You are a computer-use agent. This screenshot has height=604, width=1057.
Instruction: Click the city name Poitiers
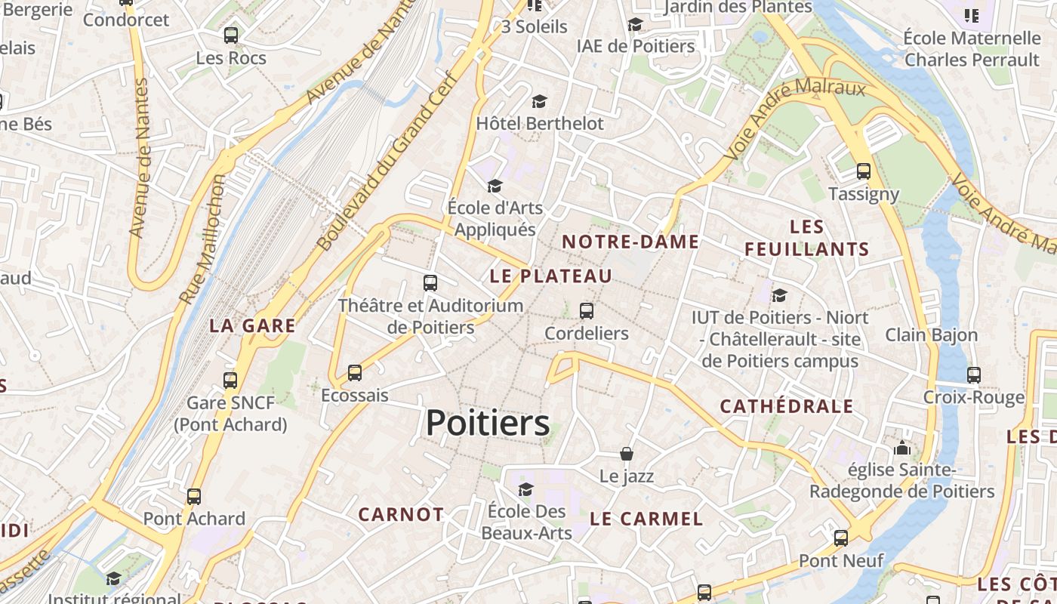pos(488,423)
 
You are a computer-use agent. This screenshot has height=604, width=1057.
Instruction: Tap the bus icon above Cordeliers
pos(586,310)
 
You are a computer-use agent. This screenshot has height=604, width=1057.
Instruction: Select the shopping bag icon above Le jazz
pos(627,454)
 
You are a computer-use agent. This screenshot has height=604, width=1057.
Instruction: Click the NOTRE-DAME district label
pos(631,242)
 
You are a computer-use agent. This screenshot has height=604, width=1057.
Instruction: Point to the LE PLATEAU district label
pos(551,276)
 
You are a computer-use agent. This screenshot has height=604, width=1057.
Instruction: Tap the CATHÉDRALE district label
pos(787,406)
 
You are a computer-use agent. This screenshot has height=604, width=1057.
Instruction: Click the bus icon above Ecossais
pos(354,372)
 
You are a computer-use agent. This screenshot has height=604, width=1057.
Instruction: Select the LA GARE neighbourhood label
pos(252,325)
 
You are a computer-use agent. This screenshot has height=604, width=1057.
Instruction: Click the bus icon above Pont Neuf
pos(840,538)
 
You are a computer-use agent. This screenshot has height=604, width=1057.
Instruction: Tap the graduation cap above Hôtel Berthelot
pos(539,101)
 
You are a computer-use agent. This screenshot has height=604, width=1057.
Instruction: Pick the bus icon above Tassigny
pos(864,171)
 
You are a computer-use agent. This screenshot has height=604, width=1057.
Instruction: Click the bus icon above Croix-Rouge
pos(974,374)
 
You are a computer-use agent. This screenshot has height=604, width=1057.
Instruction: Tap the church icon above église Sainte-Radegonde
pos(902,448)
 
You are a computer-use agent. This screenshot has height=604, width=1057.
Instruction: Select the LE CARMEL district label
pos(646,519)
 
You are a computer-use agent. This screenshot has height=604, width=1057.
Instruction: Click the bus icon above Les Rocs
pos(231,35)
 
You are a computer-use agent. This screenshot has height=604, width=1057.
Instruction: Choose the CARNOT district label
pos(401,514)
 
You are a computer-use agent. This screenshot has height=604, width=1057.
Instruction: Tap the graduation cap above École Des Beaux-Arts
pos(526,489)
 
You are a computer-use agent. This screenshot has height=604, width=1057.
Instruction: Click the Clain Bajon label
pos(932,334)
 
